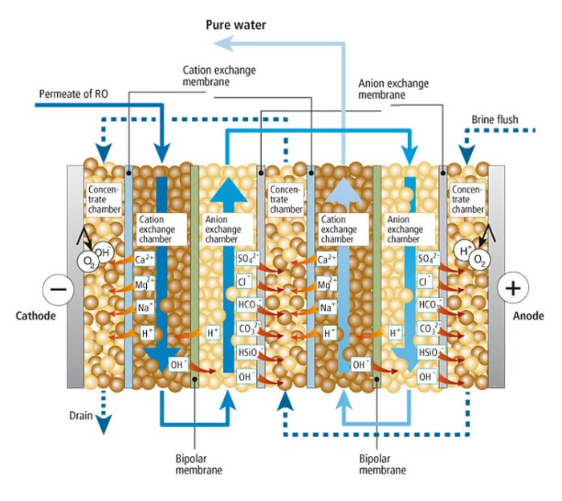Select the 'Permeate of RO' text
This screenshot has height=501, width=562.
[72, 94]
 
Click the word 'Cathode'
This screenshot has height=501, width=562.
[35, 316]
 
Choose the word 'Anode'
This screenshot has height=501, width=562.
[529, 316]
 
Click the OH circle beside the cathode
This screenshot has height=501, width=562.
[101, 252]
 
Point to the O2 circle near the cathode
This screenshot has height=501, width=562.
[87, 261]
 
